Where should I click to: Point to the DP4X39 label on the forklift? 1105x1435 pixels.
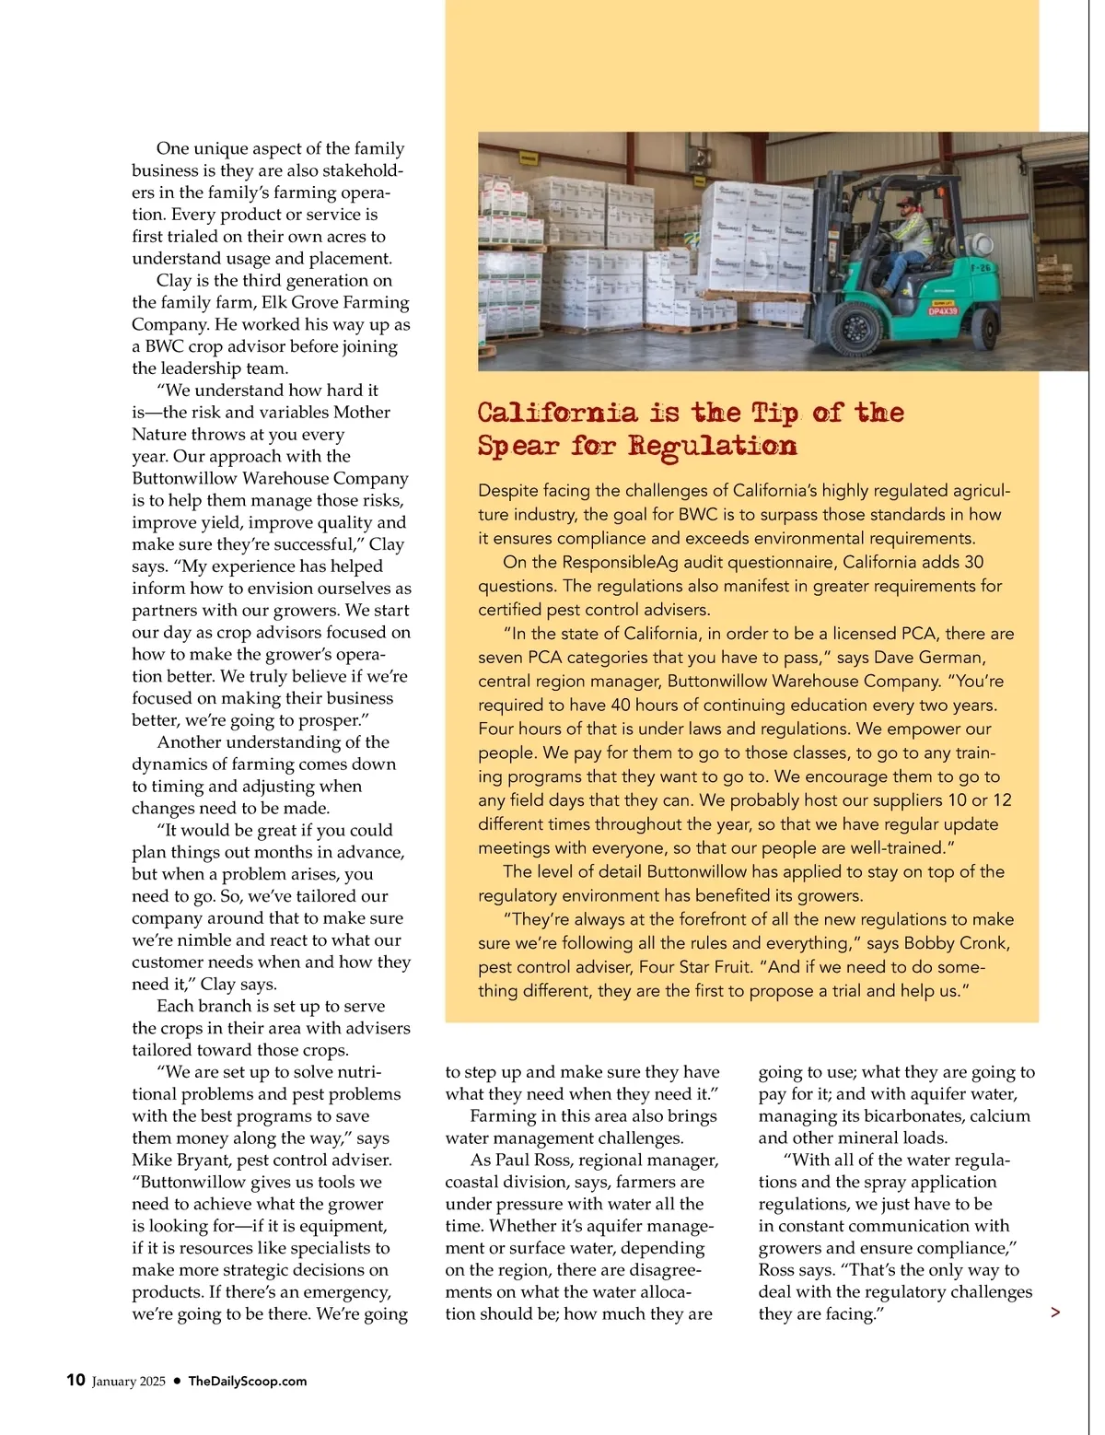(943, 311)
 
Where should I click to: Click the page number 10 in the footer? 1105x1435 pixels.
(76, 1380)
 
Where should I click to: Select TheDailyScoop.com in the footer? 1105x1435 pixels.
(248, 1381)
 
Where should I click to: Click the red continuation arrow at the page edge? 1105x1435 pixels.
(1055, 1312)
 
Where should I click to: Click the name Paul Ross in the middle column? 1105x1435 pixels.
(533, 1160)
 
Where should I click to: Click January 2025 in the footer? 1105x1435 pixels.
(129, 1381)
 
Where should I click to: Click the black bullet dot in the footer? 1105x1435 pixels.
(176, 1381)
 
